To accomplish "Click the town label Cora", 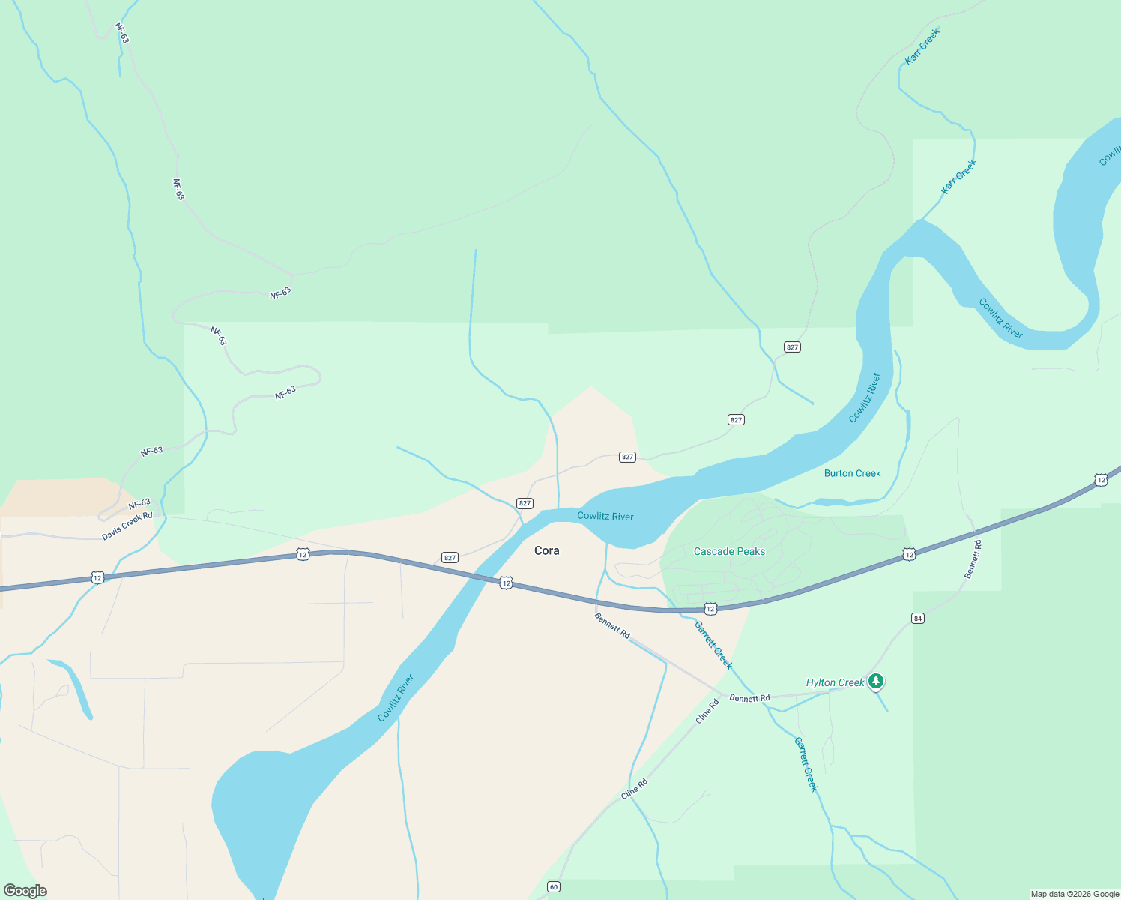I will click(546, 550).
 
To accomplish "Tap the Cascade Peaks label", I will click(729, 551).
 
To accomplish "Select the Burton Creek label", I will click(852, 473).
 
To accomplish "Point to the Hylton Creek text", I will click(835, 682).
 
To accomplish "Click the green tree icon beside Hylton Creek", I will click(876, 682).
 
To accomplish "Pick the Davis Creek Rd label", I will click(127, 526).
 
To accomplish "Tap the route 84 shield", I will click(918, 618).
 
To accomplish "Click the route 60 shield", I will click(554, 887).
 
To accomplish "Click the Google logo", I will click(25, 890).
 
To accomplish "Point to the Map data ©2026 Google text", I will click(1074, 894).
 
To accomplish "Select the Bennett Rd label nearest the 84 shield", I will click(972, 559).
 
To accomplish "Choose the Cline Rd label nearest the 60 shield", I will click(633, 789).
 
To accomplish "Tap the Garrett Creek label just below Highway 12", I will click(713, 645).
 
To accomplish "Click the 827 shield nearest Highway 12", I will click(450, 557).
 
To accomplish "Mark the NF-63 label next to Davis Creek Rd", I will click(139, 504).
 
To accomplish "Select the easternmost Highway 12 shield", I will click(1100, 479).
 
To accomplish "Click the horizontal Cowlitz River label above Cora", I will click(605, 516).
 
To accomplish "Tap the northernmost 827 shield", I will click(792, 346).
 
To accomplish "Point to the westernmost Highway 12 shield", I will click(97, 577).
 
